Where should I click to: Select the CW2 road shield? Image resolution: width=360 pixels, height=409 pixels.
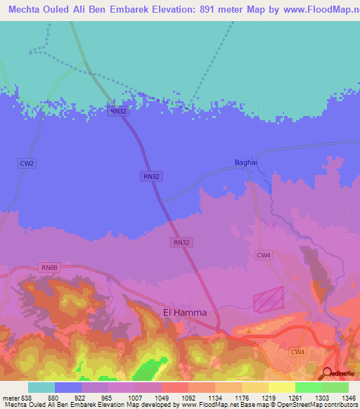[x=27, y=163]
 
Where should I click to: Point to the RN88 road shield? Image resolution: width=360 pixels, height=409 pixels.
[x=49, y=267]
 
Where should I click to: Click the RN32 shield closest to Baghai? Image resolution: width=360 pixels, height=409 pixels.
[x=150, y=177]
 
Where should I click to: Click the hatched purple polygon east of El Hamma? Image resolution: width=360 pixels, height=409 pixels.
[x=268, y=299]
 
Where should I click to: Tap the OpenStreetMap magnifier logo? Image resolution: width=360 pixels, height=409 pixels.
[x=328, y=372]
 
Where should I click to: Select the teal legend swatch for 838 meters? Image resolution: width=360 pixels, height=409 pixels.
[x=41, y=387]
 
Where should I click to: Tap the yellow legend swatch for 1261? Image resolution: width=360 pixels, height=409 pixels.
[x=281, y=387]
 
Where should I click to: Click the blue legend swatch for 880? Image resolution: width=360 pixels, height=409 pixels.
[x=68, y=387]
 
